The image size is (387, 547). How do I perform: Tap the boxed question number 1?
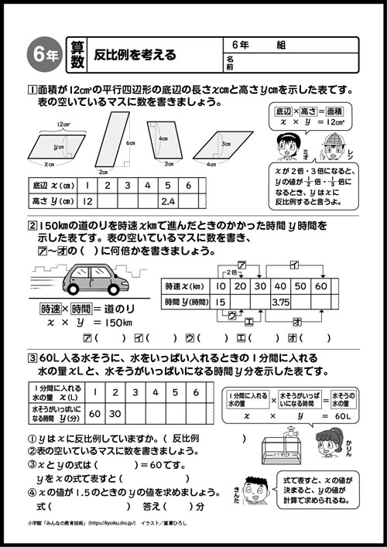click(32, 88)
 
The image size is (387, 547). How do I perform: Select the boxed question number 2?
click(32, 226)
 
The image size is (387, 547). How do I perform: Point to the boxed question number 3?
click(32, 357)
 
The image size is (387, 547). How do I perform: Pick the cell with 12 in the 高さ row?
click(87, 201)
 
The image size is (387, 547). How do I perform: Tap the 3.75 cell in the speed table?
click(281, 302)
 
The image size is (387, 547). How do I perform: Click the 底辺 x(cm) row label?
click(50, 186)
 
